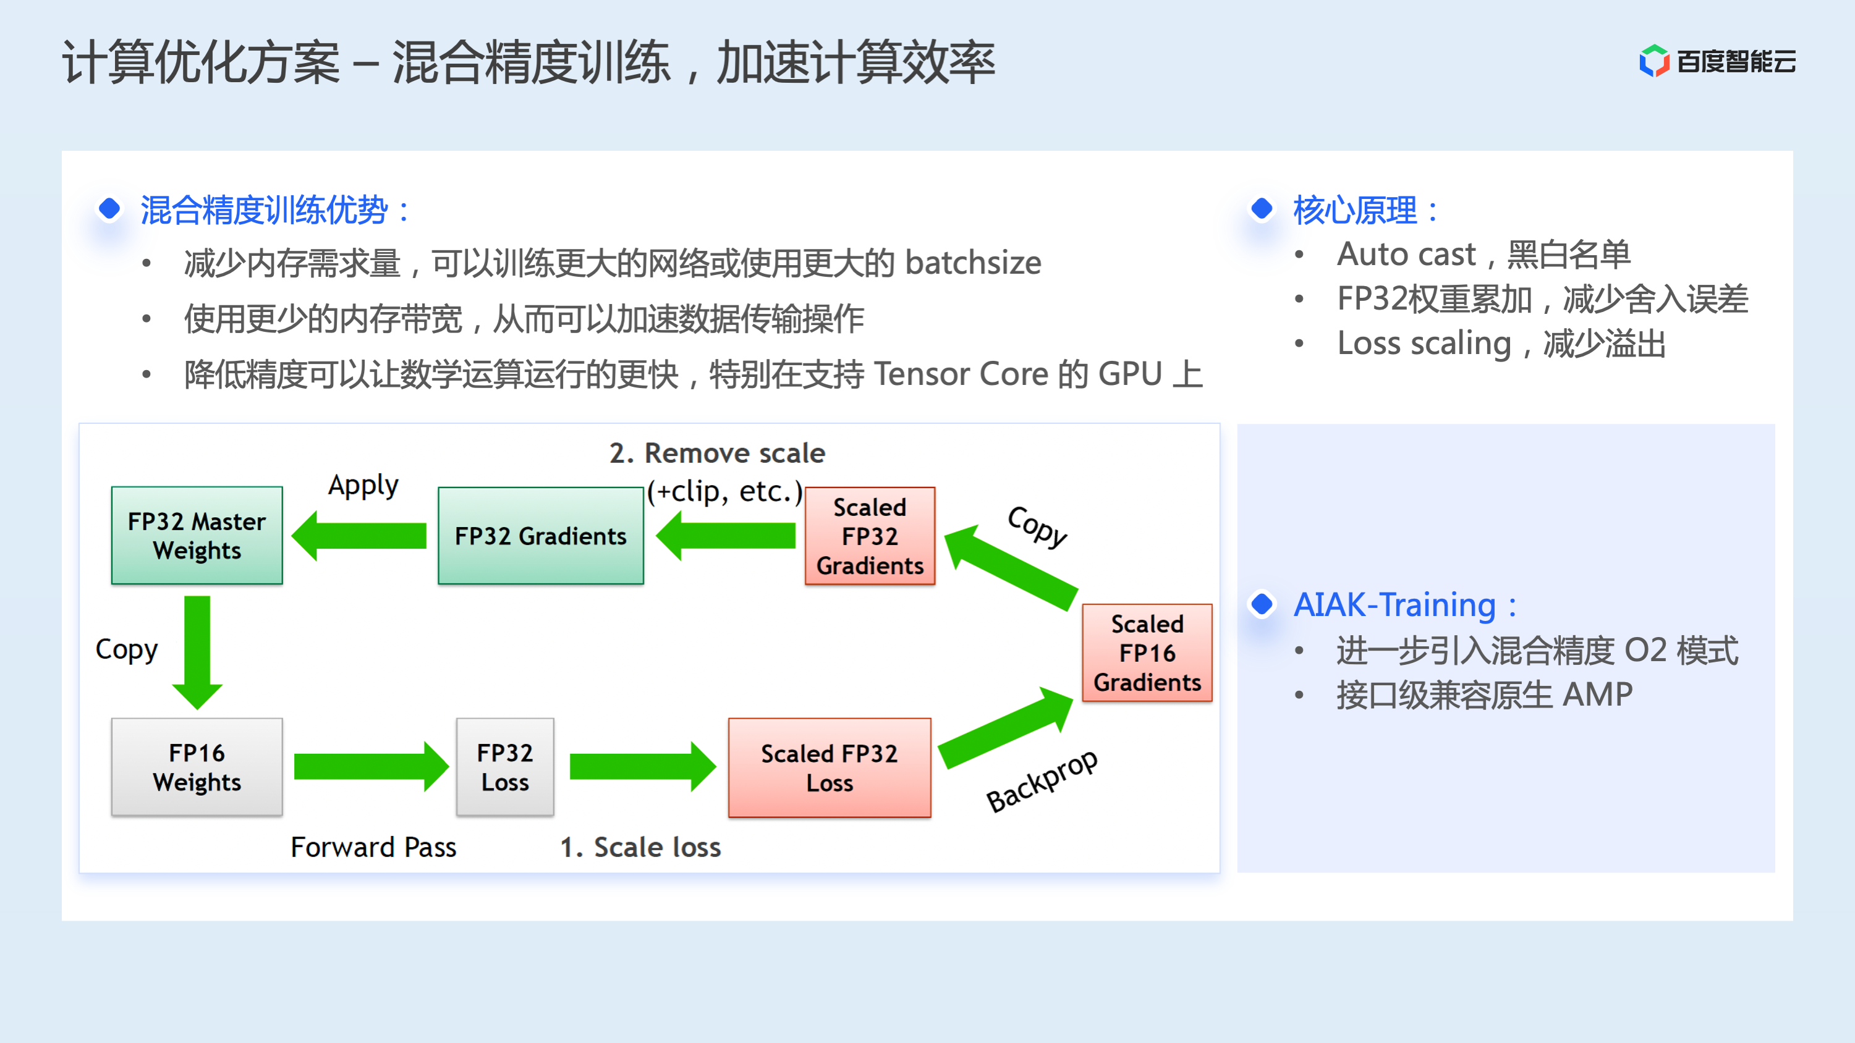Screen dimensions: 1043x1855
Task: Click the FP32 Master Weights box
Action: (197, 536)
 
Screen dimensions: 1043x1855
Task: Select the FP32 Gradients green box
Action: (540, 536)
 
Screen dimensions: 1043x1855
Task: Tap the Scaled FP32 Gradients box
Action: (869, 536)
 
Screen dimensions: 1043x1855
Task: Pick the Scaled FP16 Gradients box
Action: (1147, 653)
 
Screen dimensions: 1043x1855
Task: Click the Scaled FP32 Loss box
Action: (829, 767)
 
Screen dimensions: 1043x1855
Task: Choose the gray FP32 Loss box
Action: (505, 767)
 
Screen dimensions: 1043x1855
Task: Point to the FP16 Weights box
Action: (197, 767)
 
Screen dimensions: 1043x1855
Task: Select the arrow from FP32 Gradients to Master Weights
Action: (360, 536)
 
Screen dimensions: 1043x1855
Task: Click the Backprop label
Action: (1042, 781)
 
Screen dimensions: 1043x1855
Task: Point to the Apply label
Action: (363, 486)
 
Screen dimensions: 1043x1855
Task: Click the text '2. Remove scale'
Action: (716, 454)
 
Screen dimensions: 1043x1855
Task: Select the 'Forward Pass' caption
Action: (373, 847)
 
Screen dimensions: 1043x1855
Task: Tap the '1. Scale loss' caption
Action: (640, 847)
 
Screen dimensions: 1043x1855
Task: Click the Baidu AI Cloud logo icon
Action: (1653, 61)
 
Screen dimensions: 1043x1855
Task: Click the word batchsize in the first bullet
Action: (973, 263)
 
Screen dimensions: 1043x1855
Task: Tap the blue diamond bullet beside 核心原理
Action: (1262, 209)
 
